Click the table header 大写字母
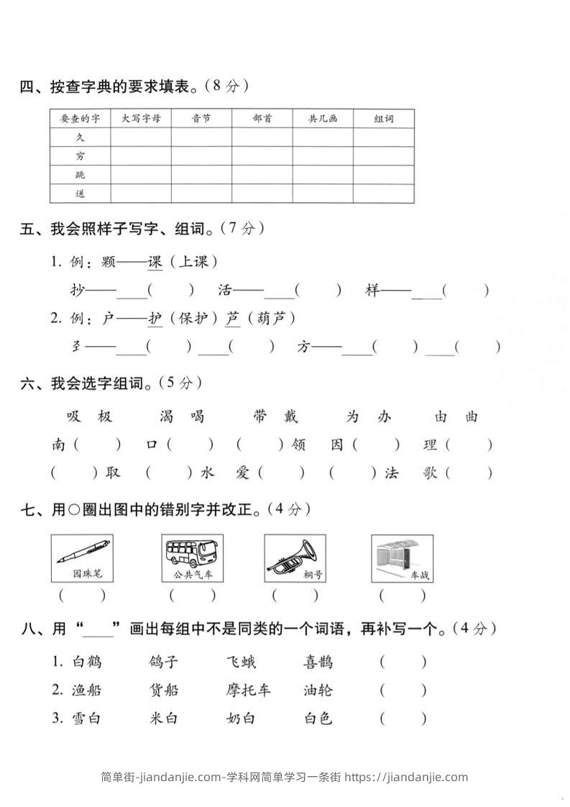click(x=141, y=119)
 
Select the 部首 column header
click(x=262, y=119)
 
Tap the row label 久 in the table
click(x=80, y=137)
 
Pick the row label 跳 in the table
click(x=80, y=175)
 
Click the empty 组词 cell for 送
click(x=383, y=193)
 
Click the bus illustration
click(x=193, y=552)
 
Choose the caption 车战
click(x=419, y=575)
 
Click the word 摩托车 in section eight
click(x=248, y=690)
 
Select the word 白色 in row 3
click(x=318, y=718)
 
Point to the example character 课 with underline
click(x=155, y=263)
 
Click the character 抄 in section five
click(x=78, y=291)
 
